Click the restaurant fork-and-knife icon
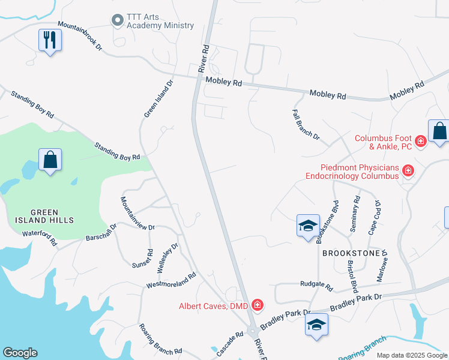tap(50, 40)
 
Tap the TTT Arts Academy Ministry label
tap(160, 21)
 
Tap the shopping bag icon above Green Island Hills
tap(50, 160)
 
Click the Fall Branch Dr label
tap(306, 124)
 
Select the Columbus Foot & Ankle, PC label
tap(382, 142)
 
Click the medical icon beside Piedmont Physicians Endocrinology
tap(408, 172)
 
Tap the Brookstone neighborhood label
tap(351, 253)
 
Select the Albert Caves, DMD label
tap(214, 306)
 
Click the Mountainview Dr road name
tap(137, 213)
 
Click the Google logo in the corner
tap(20, 353)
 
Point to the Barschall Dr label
tap(100, 233)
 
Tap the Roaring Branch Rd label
tap(160, 339)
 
